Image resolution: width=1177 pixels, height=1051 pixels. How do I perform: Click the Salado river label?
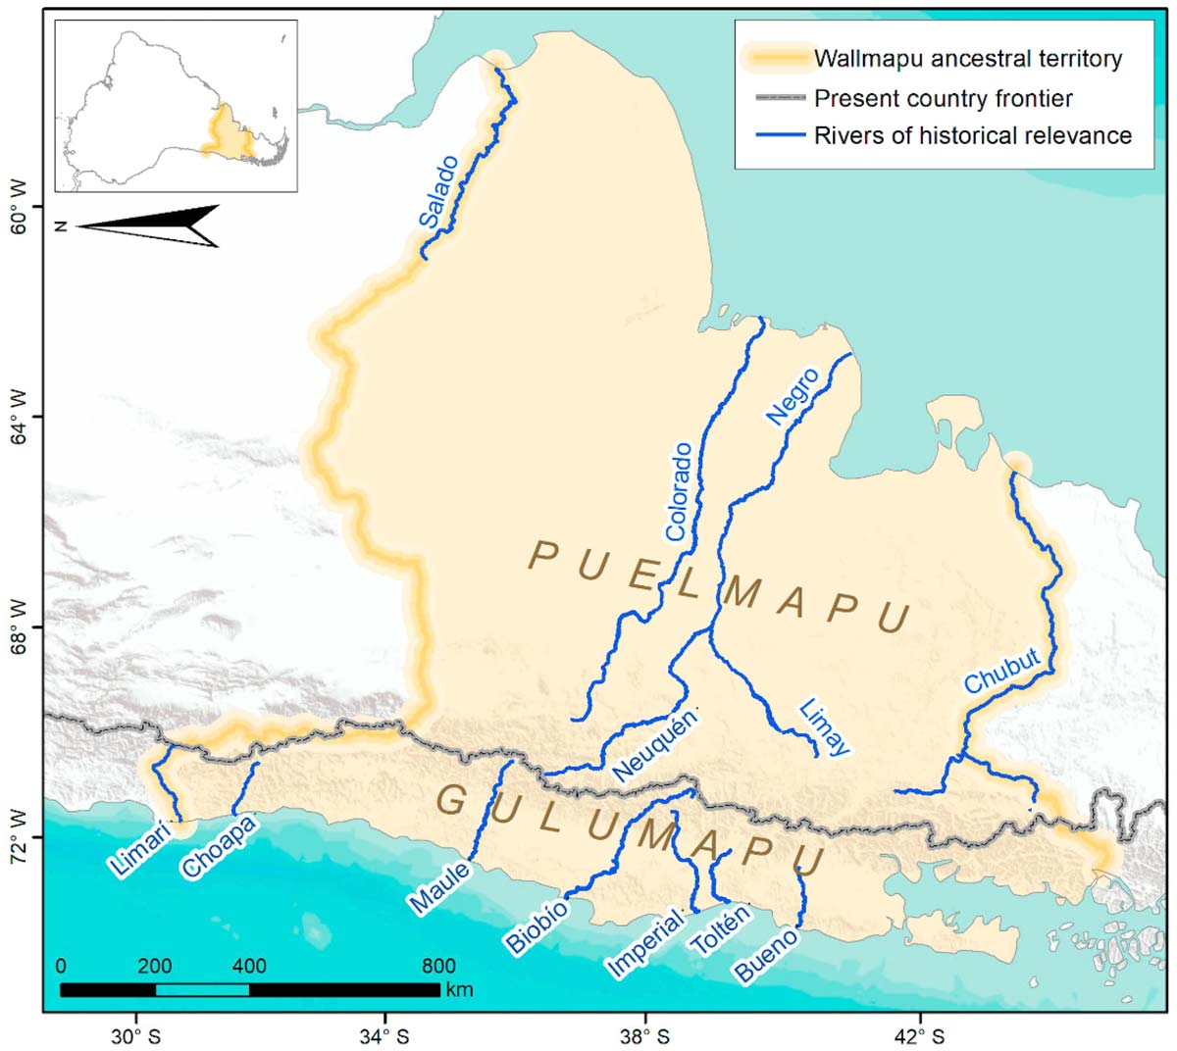[438, 192]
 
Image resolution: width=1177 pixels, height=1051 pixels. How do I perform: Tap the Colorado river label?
[679, 492]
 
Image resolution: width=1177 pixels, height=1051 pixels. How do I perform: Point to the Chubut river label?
[1001, 673]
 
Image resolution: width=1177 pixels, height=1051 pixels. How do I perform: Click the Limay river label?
[822, 726]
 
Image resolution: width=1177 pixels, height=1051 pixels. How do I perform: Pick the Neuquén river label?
[654, 746]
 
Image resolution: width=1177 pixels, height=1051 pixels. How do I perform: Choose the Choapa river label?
[219, 846]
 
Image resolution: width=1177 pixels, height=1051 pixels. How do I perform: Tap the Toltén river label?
[720, 931]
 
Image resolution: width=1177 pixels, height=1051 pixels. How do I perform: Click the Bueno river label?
[766, 956]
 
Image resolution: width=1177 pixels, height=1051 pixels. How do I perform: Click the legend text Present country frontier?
[943, 98]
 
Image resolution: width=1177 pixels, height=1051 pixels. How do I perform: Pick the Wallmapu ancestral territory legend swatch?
[778, 59]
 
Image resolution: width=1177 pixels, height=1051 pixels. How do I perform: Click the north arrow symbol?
[147, 226]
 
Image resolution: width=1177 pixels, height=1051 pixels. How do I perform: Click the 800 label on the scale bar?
[438, 966]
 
